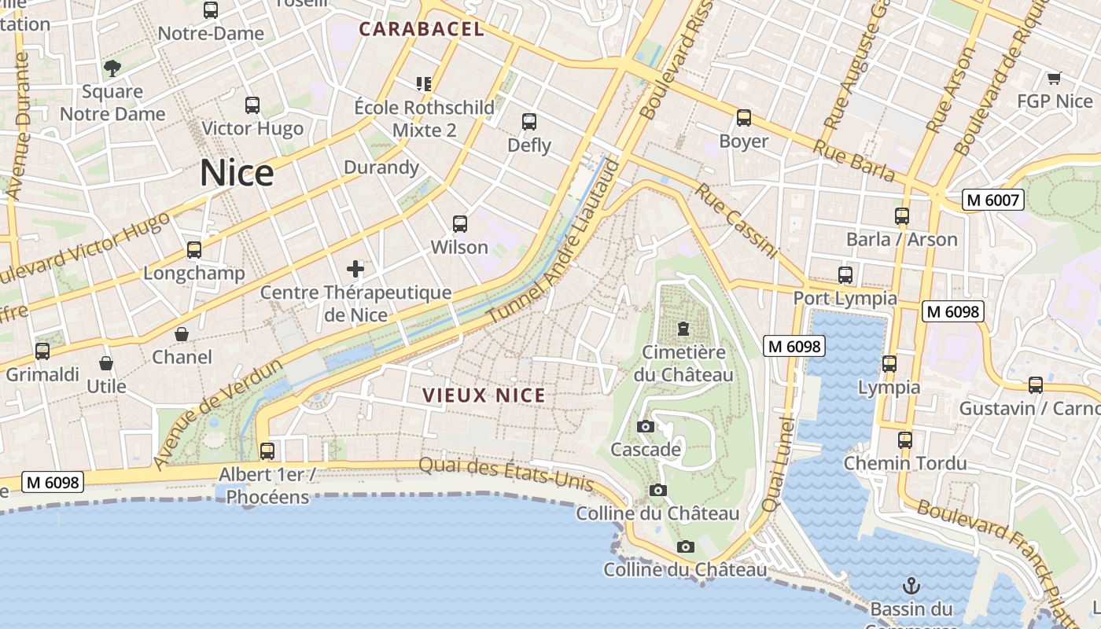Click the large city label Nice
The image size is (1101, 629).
click(237, 173)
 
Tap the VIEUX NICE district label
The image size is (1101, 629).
click(484, 395)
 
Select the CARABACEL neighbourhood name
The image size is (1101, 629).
click(422, 30)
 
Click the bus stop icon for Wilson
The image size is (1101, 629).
click(460, 224)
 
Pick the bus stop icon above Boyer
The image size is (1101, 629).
click(743, 118)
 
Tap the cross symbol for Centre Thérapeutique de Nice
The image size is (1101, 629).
click(355, 270)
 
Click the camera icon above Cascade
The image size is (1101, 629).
click(646, 427)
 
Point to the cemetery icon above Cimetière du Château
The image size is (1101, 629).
click(683, 329)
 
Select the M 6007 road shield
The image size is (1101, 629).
click(992, 200)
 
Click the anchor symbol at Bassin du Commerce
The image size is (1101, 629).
click(911, 586)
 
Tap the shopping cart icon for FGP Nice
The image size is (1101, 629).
click(1054, 78)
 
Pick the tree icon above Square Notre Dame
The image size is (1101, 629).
click(112, 68)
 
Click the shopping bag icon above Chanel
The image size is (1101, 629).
click(182, 334)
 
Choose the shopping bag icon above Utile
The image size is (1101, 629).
click(106, 363)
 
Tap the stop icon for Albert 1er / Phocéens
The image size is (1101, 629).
click(267, 451)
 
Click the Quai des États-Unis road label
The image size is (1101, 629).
click(505, 473)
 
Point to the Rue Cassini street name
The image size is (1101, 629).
click(736, 222)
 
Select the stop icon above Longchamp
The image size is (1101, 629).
click(193, 250)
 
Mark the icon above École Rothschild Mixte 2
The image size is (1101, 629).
click(424, 83)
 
